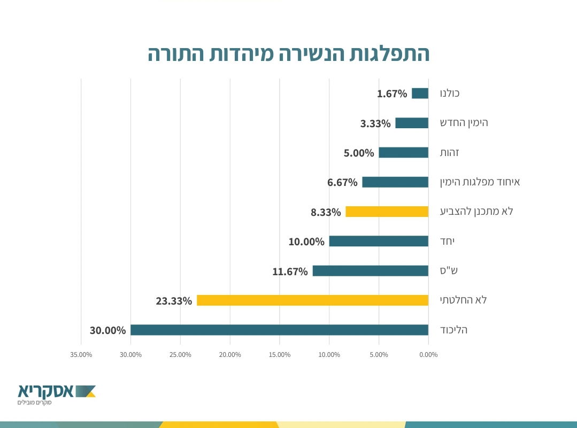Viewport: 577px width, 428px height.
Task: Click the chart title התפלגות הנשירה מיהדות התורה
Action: pos(288,54)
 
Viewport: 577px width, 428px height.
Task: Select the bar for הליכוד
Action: pos(279,330)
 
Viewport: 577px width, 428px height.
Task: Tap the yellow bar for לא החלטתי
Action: pos(312,300)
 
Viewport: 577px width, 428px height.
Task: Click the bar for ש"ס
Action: pos(370,271)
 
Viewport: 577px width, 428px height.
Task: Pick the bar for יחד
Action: pos(379,241)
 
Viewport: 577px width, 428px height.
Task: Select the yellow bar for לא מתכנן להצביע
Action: pos(387,212)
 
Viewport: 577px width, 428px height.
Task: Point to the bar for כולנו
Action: pos(420,94)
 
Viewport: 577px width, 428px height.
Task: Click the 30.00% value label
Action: pos(107,330)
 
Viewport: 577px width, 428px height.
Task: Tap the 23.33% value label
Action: pos(174,301)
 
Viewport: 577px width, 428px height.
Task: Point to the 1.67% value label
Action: pos(392,94)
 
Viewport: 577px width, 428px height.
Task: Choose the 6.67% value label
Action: pos(342,183)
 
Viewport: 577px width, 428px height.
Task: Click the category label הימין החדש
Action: pos(464,123)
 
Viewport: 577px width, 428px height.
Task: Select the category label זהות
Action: pos(449,153)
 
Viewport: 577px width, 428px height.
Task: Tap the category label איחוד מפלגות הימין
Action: pos(480,182)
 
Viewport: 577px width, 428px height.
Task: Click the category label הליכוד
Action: pos(453,330)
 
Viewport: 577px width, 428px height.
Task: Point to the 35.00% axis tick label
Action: pos(81,355)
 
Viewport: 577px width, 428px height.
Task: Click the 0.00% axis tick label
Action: pos(428,355)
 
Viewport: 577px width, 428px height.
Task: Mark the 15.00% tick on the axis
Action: pos(280,355)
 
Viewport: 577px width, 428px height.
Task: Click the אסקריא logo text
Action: pos(45,391)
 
